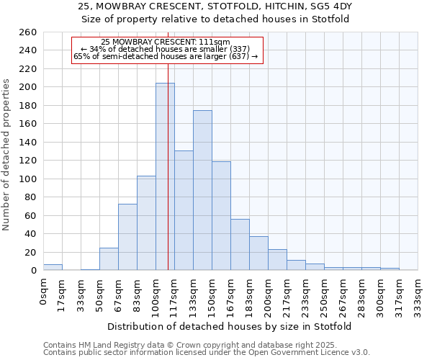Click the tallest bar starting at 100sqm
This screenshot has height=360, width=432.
tap(165, 176)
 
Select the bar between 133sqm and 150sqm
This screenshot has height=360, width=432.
tap(202, 190)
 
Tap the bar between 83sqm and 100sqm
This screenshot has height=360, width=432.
tap(146, 223)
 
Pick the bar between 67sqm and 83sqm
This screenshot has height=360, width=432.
tap(127, 237)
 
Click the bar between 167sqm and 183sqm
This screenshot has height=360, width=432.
tap(240, 245)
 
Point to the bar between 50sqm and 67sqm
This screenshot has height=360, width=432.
tap(109, 259)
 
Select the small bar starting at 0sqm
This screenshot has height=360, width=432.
tap(53, 267)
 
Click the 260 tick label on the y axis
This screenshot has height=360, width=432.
tap(28, 32)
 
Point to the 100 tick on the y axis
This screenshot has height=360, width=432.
tap(28, 179)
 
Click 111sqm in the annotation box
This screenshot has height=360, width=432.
tap(216, 42)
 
